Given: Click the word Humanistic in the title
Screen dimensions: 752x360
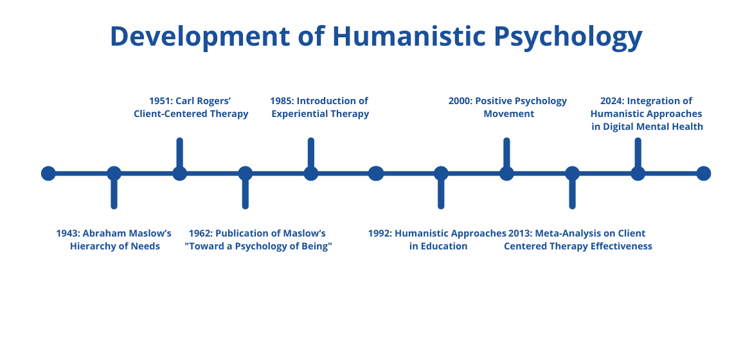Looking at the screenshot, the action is point(409,36).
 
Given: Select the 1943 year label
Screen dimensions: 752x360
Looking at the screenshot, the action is point(67,233).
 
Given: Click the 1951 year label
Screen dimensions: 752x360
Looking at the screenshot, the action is point(161,101).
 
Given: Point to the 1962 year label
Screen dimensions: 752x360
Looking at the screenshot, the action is point(201,233).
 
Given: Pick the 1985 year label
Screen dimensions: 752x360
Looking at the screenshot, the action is point(282,101).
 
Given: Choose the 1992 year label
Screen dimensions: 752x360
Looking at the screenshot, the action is point(380,233).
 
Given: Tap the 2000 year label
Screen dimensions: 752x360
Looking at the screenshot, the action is point(460,101).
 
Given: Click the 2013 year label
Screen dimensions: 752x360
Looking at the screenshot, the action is point(520,233).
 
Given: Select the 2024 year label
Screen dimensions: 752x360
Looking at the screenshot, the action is point(613,101).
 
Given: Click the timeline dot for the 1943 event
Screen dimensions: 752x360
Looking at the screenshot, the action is point(114,174).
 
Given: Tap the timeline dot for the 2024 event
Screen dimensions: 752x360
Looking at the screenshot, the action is point(638,174).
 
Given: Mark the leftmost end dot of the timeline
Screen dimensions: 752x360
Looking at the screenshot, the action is point(48,174).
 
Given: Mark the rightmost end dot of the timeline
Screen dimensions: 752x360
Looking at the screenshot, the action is point(703,174).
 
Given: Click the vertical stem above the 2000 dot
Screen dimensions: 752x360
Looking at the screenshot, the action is point(506,152).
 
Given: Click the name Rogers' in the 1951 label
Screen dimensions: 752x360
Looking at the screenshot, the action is point(213,102).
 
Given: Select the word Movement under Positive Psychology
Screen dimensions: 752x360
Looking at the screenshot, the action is point(509,114).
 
